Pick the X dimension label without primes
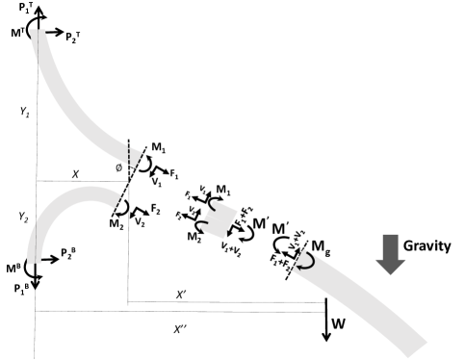[76, 173]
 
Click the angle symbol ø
[118, 167]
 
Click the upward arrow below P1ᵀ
[37, 20]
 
